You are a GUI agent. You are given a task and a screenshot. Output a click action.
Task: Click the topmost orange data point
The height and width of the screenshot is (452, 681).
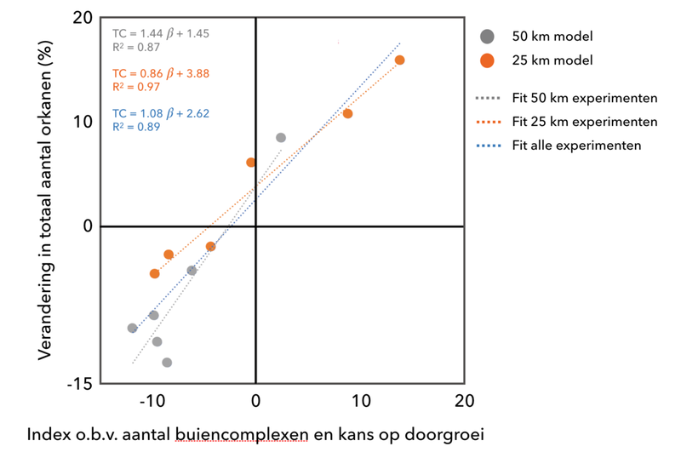pyautogui.click(x=399, y=60)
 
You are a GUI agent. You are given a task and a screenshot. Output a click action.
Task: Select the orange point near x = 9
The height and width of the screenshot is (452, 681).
pyautogui.click(x=347, y=113)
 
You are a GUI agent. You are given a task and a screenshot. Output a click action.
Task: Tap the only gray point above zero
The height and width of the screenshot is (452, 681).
pyautogui.click(x=281, y=137)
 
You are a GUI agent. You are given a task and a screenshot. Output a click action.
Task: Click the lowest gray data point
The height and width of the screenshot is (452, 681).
pyautogui.click(x=167, y=363)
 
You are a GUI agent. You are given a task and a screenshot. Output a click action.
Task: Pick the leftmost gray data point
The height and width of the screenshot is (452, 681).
pyautogui.click(x=132, y=328)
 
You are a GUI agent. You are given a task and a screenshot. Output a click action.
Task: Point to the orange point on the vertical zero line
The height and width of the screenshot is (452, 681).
pyautogui.click(x=251, y=162)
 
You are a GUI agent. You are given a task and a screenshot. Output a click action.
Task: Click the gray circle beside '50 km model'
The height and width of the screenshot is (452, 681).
pyautogui.click(x=487, y=36)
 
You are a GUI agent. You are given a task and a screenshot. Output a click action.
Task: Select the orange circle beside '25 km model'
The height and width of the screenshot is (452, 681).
pyautogui.click(x=487, y=60)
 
